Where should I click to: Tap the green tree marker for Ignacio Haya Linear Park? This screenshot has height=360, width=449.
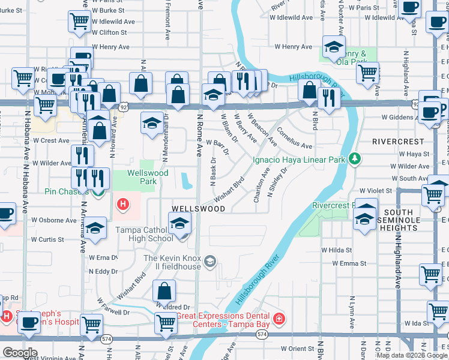coord(355,158)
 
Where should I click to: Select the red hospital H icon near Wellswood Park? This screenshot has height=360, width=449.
coord(123,205)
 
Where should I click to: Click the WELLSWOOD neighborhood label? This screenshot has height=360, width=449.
coord(198,209)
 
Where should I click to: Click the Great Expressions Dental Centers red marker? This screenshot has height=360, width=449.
coord(279,317)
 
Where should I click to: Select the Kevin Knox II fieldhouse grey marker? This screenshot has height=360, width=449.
coord(210,260)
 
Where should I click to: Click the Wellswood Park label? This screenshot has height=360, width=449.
coord(142,178)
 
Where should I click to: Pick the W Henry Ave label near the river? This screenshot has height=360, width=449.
coord(294,47)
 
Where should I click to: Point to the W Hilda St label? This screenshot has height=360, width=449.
coord(336,250)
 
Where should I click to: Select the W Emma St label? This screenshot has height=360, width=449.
coord(340,263)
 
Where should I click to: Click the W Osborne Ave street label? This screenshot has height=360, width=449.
coord(54,220)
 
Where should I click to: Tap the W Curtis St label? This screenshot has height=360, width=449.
coord(47,239)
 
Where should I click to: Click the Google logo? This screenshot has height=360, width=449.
coord(20,353)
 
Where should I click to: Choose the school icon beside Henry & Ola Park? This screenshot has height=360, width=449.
coord(334,47)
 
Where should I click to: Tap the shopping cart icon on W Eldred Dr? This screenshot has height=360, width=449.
coord(165,322)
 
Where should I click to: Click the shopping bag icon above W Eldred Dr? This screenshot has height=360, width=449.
coord(164,292)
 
